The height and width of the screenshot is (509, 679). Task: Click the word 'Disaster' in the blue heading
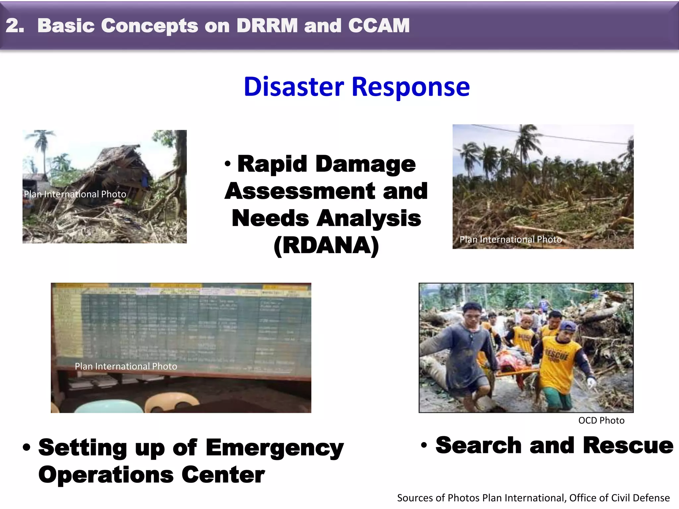pyautogui.click(x=294, y=87)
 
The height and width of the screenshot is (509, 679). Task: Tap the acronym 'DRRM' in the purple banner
pyautogui.click(x=267, y=26)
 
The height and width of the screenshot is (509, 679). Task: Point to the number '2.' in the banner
pyautogui.click(x=15, y=26)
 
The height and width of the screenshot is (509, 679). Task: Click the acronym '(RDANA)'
pyautogui.click(x=326, y=246)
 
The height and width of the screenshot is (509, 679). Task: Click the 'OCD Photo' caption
pyautogui.click(x=601, y=421)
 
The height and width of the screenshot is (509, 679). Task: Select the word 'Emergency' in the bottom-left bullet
pyautogui.click(x=275, y=448)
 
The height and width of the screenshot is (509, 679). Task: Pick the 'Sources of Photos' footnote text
pyautogui.click(x=533, y=498)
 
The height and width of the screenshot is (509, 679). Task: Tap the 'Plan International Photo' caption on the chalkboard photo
pyautogui.click(x=126, y=366)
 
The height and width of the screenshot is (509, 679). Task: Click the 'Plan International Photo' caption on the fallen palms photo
pyautogui.click(x=511, y=239)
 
